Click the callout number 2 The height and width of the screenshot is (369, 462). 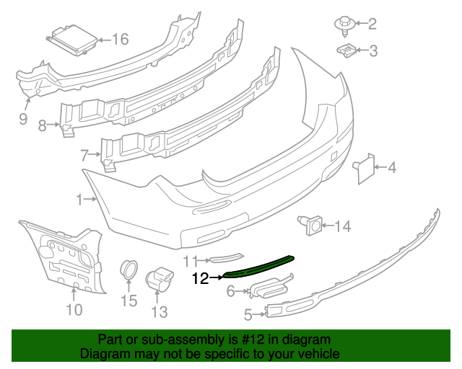pos(372,25)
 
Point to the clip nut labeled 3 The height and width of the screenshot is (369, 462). pos(346,50)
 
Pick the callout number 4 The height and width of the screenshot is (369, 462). pos(392,169)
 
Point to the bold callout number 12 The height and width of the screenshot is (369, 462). pos(199,277)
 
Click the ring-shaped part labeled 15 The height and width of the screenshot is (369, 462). pos(130,270)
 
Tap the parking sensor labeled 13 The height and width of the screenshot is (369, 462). pos(159,278)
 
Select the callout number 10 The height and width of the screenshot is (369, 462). pos(74,310)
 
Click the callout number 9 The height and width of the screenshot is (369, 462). pos(23,118)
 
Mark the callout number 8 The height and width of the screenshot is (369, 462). pos(42,126)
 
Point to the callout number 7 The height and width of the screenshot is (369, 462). pos(84,154)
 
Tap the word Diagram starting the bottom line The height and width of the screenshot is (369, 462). pos(105,354)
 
